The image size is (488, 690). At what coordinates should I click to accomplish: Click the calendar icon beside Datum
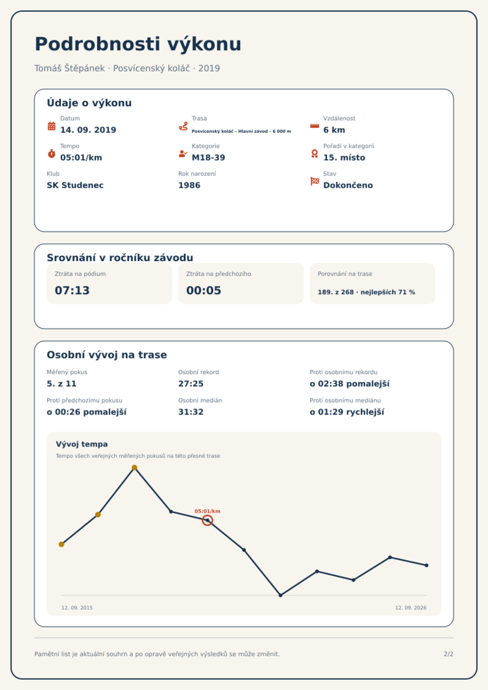52,126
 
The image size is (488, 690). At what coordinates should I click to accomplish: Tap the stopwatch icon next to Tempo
52,154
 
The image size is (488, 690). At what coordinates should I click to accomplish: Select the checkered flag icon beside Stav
315,181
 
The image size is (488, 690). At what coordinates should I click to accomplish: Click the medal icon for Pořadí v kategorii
315,154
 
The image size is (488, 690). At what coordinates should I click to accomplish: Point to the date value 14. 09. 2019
88,130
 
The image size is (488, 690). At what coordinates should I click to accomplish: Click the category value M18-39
208,158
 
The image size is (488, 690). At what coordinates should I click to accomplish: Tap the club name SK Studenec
75,185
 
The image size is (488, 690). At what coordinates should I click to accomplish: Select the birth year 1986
189,185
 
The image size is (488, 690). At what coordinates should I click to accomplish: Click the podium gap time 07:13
72,290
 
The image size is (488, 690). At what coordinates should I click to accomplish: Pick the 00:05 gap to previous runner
204,290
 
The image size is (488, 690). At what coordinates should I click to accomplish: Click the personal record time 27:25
191,384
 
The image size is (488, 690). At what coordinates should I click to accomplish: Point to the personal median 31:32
191,412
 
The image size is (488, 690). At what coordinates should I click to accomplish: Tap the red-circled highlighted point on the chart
207,520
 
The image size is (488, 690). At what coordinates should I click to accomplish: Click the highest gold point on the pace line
134,468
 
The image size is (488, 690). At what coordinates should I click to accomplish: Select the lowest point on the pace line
281,595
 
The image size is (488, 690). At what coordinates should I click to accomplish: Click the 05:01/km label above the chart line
207,511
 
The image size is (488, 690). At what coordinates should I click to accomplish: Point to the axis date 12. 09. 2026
411,608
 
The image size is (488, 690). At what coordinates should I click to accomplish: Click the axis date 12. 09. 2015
77,608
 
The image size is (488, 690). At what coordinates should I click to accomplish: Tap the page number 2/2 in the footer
448,654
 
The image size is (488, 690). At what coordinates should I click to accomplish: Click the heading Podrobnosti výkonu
138,44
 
